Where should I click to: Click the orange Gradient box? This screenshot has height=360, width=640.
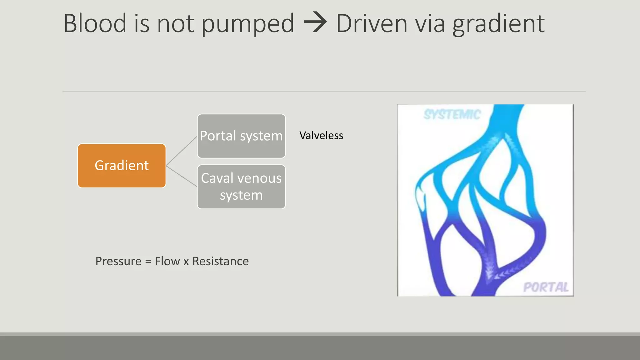(x=122, y=166)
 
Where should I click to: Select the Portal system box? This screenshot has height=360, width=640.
(x=241, y=136)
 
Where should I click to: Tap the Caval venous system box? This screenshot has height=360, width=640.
(x=241, y=187)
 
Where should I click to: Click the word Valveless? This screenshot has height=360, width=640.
(x=321, y=136)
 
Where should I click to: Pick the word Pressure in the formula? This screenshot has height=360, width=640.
(x=118, y=261)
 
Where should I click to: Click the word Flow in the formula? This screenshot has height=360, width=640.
(x=167, y=261)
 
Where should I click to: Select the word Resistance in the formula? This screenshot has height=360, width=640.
(x=220, y=261)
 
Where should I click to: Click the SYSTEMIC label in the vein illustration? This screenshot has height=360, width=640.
(x=452, y=115)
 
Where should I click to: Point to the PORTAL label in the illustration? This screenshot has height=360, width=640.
(x=546, y=287)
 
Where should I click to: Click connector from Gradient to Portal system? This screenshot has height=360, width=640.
(x=181, y=151)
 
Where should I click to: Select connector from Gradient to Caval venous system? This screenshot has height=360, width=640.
(x=181, y=176)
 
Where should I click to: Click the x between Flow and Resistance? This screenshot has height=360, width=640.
(x=186, y=262)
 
